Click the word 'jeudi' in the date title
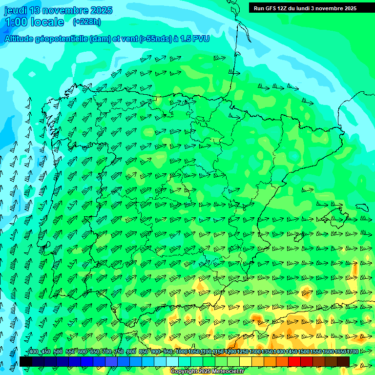tap(16, 10)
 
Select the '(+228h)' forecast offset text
tap(86, 21)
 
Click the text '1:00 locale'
tap(34, 22)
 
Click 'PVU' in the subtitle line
tap(201, 39)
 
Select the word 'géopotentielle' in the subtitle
tap(62, 39)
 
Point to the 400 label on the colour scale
tap(34, 352)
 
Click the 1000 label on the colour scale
tap(181, 352)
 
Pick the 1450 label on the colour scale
tap(292, 352)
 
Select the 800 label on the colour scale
tap(131, 352)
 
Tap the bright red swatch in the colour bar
tap(294, 361)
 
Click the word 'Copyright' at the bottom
tap(184, 372)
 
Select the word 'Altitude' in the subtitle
tap(19, 39)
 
